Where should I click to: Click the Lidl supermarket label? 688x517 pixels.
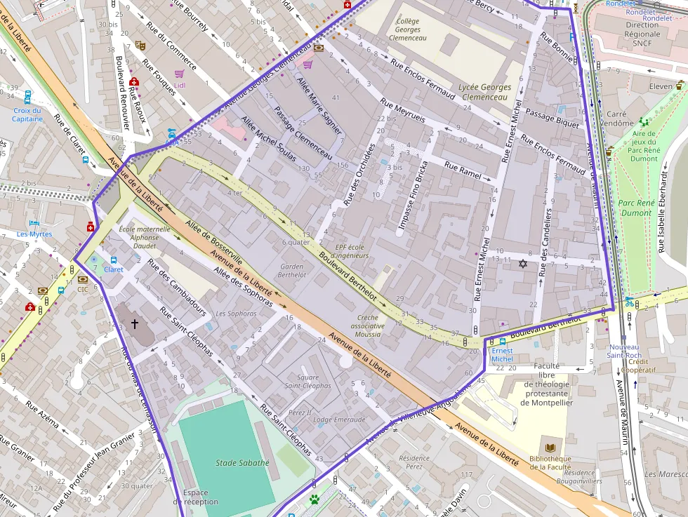point(180,85)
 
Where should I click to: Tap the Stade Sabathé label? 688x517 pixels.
point(242,463)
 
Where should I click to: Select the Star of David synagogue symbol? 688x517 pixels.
point(522,264)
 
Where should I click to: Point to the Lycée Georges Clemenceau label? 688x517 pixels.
point(484,92)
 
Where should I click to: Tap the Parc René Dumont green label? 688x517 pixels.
point(635,208)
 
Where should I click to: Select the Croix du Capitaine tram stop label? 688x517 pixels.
point(27,114)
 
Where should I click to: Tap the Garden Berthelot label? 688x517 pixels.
point(292,271)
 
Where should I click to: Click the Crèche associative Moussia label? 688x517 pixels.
point(368,326)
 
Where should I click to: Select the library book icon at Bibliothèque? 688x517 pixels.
point(550,448)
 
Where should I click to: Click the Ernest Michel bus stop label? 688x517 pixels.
point(502,354)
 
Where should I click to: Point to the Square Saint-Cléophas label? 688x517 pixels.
point(307,381)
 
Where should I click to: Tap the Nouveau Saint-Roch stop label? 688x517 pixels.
point(624,351)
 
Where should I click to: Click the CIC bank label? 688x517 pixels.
point(83,289)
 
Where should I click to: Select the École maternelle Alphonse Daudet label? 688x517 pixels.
point(145,237)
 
